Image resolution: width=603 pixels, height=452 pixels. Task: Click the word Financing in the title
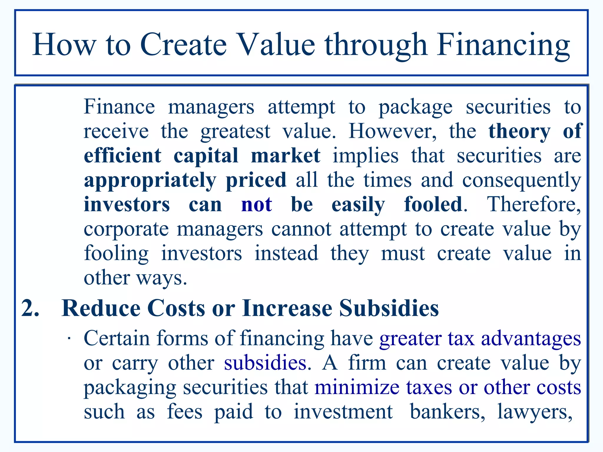click(x=503, y=45)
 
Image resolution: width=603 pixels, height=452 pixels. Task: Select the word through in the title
click(x=376, y=45)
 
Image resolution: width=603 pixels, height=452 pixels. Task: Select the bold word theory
click(x=519, y=131)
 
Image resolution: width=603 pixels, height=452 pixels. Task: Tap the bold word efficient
click(x=122, y=155)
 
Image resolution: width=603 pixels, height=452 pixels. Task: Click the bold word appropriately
click(x=150, y=180)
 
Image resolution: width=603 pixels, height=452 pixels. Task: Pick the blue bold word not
click(x=256, y=204)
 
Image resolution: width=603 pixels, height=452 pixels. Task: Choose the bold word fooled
click(x=433, y=204)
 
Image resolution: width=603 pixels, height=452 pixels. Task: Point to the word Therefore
click(x=534, y=204)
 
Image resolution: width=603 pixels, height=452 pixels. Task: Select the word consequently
click(x=521, y=180)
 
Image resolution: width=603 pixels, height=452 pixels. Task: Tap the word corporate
click(x=126, y=229)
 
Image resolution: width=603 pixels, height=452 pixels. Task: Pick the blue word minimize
click(x=357, y=387)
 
